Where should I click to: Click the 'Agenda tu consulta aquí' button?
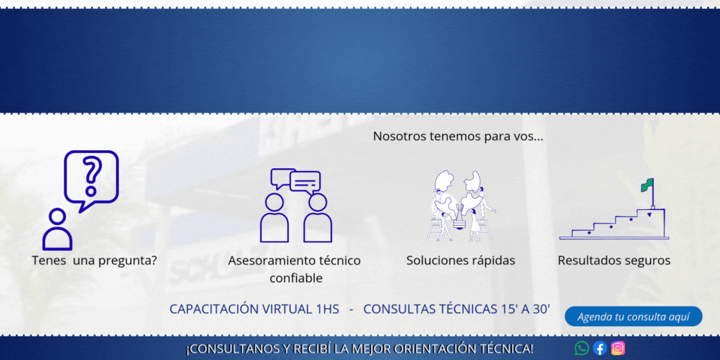coord(633,316)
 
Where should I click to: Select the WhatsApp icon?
coord(582,348)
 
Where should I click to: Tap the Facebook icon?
coord(600,348)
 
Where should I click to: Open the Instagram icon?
coord(618,348)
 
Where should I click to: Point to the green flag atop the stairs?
coord(648,185)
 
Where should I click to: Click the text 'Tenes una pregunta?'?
coord(95,261)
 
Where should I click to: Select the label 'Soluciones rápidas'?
coord(461,261)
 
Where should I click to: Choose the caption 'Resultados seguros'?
coord(614,261)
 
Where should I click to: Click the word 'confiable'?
coord(295,278)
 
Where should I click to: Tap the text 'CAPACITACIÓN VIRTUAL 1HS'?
coord(254,309)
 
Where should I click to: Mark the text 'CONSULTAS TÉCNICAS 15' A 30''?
coord(457,309)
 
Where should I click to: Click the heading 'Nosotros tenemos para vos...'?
coord(458,136)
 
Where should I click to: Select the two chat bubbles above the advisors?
coord(296,181)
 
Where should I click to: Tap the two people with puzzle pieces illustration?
coord(461,206)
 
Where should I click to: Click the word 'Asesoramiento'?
coord(272,261)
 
